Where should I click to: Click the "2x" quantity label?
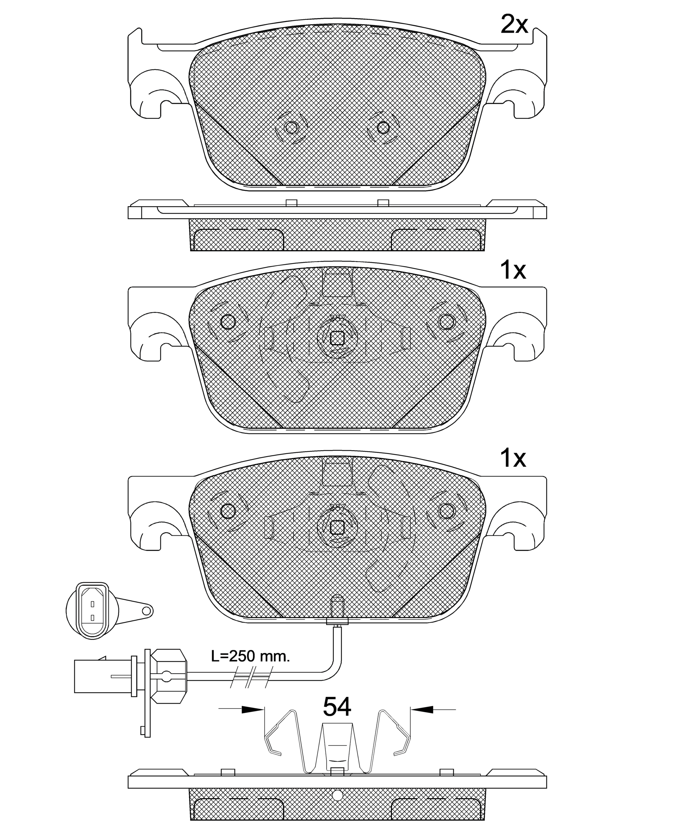point(514,25)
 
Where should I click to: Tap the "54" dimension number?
point(337,707)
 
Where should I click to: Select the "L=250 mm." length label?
point(251,656)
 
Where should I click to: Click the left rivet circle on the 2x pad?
point(291,128)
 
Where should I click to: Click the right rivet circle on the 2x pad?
point(383,128)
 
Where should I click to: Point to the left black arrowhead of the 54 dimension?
point(253,709)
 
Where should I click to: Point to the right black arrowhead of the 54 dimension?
point(422,709)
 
